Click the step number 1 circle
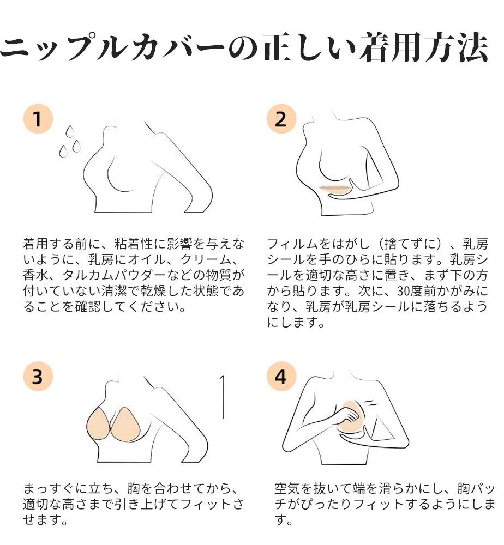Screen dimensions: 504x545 click(38, 118)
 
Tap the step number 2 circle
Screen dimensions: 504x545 click(281, 118)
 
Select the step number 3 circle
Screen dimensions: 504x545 click(38, 376)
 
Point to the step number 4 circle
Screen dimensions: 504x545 click(281, 376)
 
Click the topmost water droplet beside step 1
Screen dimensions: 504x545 click(70, 131)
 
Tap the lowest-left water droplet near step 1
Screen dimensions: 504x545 click(63, 151)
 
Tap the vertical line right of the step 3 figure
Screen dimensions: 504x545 click(223, 397)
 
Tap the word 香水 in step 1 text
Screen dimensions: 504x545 click(35, 275)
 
